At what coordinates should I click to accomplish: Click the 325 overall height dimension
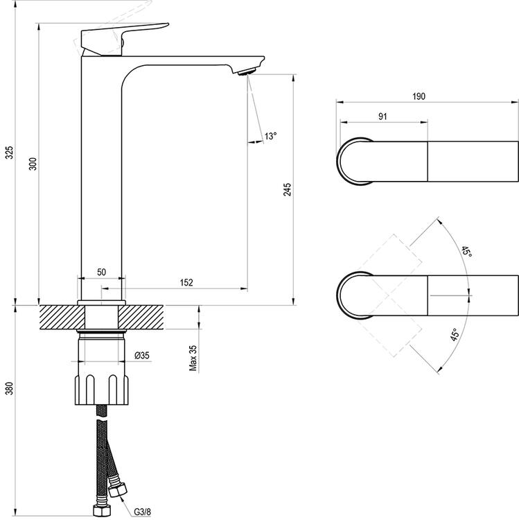click(x=9, y=153)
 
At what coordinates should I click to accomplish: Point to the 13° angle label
click(x=270, y=137)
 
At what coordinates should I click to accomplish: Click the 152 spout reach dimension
click(x=186, y=281)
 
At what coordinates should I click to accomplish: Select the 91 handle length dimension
click(x=382, y=116)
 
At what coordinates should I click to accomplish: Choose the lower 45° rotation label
click(x=455, y=337)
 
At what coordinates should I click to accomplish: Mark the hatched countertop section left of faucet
click(x=60, y=319)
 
